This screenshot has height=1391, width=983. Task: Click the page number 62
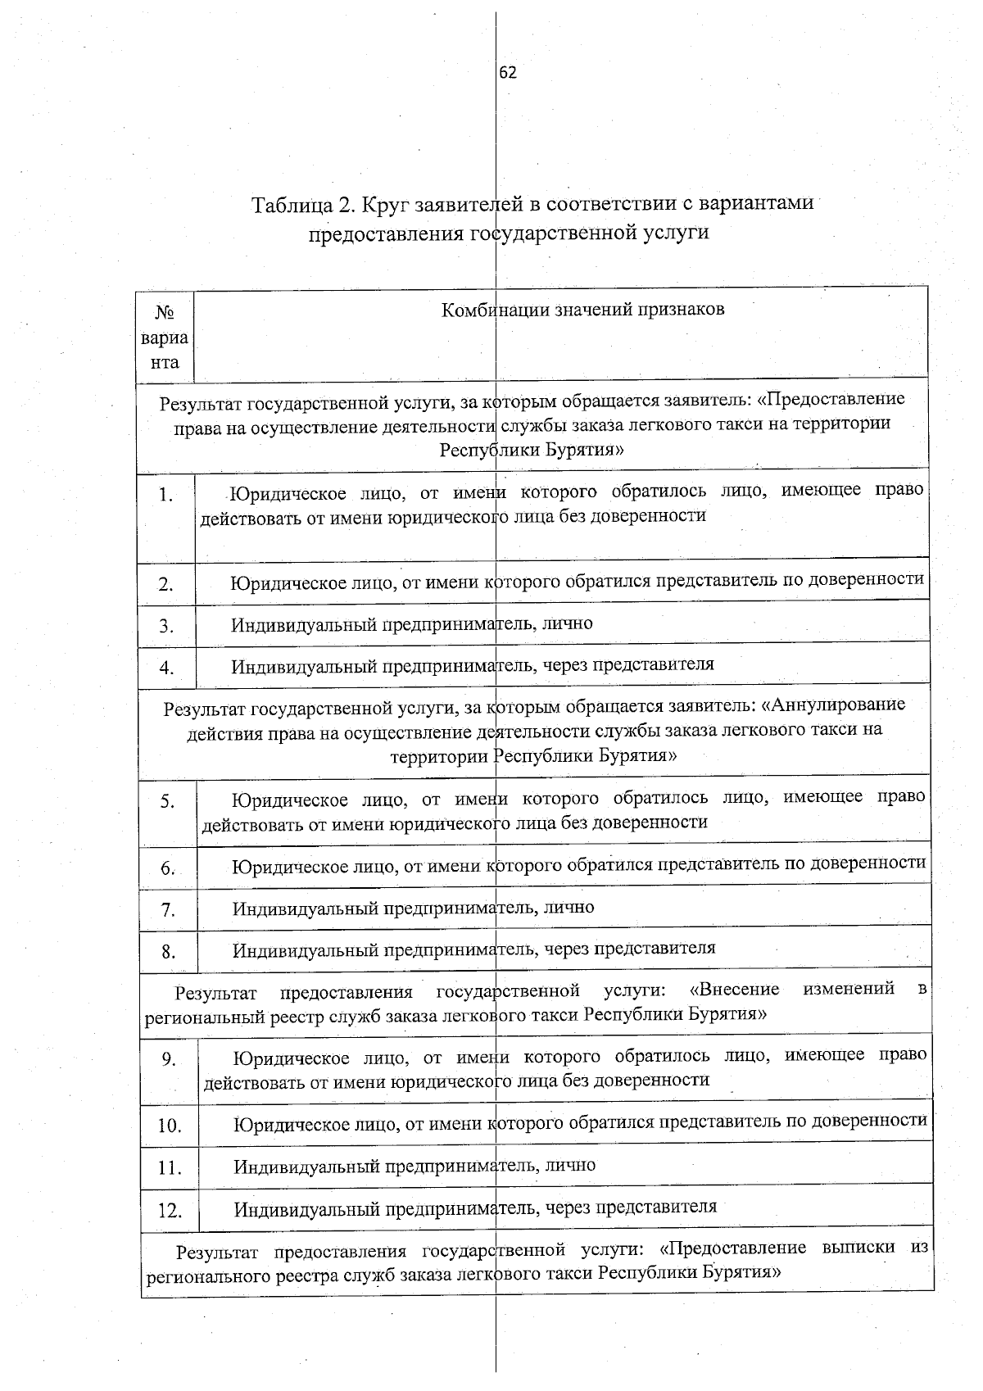508,73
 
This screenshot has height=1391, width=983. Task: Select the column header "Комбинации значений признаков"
582,310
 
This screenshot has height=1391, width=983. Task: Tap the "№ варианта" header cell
165,337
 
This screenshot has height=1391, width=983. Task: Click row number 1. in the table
167,495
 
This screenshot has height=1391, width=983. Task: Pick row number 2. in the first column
166,584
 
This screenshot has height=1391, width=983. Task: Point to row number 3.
166,626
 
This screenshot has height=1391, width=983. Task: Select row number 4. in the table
166,668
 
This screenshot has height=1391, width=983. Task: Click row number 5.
167,801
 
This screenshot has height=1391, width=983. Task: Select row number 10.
170,1126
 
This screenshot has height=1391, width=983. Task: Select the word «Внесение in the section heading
735,990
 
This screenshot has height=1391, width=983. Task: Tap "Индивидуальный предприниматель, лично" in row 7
414,908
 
